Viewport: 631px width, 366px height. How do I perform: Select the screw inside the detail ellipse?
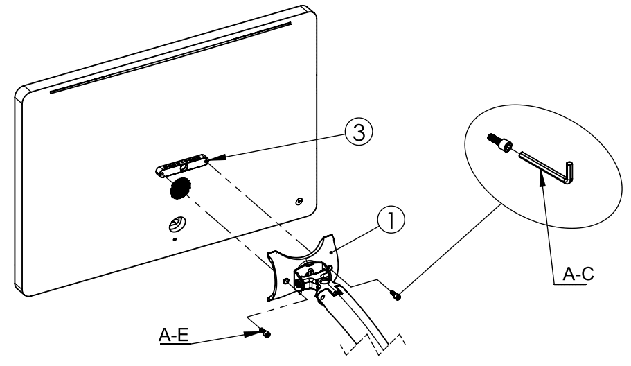pos(500,143)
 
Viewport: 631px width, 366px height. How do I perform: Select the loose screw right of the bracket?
pos(397,296)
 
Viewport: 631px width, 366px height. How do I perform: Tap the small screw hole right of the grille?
pos(299,201)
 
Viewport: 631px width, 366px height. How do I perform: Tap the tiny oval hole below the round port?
pos(174,239)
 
